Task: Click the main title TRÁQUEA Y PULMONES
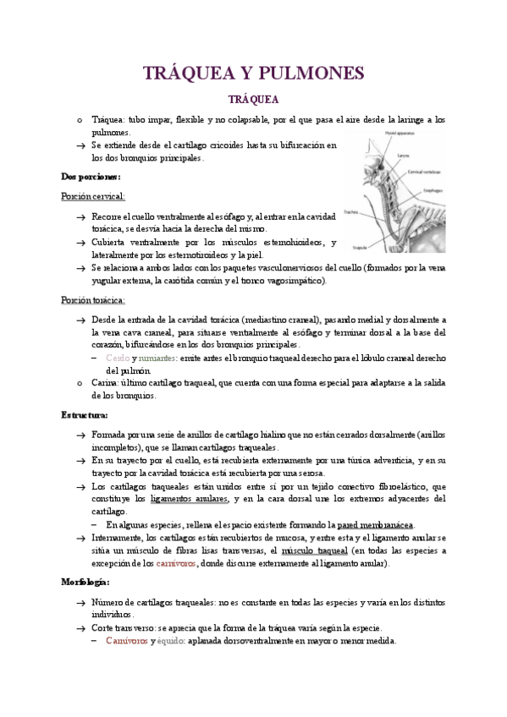pyautogui.click(x=253, y=74)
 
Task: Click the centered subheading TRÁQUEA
pyautogui.click(x=253, y=100)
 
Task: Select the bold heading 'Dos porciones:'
pyautogui.click(x=91, y=177)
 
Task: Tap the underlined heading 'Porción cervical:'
pyautogui.click(x=93, y=196)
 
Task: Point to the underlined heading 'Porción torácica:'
pyautogui.click(x=93, y=300)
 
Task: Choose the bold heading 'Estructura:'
pyautogui.click(x=85, y=415)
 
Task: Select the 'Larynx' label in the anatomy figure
pyautogui.click(x=401, y=156)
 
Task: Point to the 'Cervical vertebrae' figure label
pyautogui.click(x=423, y=172)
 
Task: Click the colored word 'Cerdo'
pyautogui.click(x=118, y=358)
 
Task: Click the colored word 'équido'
pyautogui.click(x=170, y=641)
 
